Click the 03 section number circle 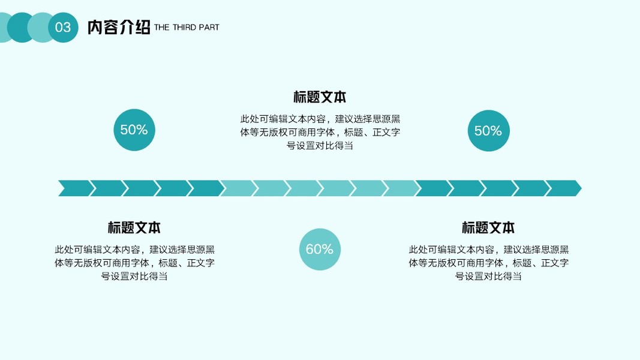(63, 28)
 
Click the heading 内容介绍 (118, 28)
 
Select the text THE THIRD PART (187, 28)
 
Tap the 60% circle (320, 250)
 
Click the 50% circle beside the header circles (134, 130)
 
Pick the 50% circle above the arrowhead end (488, 130)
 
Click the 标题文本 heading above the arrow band (320, 97)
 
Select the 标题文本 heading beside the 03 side (134, 228)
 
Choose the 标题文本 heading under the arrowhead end (488, 228)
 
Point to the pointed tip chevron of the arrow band (564, 188)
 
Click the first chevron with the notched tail (76, 188)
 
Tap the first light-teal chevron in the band (238, 188)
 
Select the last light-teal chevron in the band (401, 188)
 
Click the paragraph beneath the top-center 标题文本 (320, 132)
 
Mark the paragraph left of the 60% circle (134, 263)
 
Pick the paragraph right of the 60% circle (488, 263)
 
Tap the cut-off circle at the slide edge (4, 28)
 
